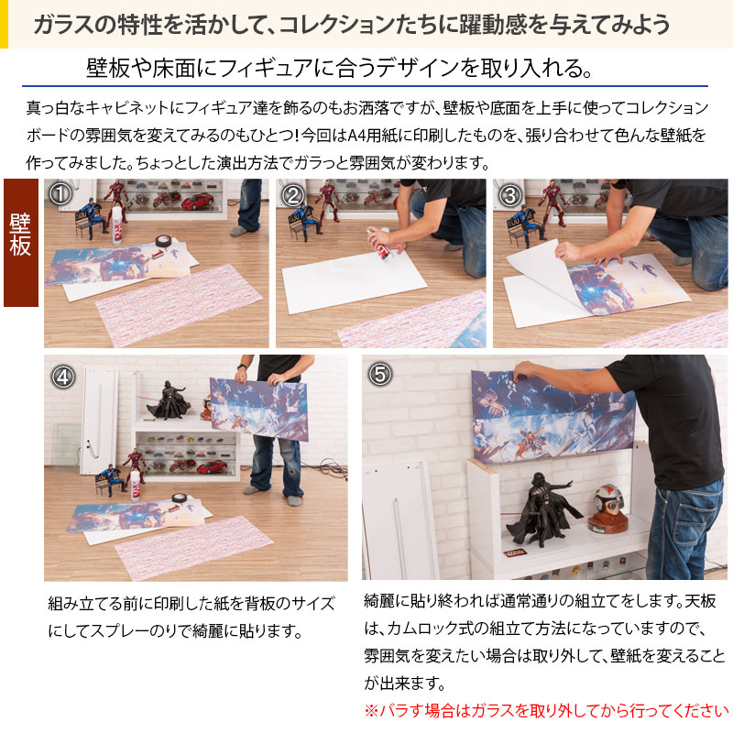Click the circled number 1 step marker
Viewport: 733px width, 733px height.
[x=60, y=195]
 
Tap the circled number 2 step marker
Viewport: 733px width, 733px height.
[x=292, y=195]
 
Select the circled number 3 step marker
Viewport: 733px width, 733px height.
[x=510, y=195]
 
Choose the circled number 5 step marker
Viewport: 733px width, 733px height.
[x=380, y=374]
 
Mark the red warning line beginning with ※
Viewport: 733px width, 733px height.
[x=546, y=710]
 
